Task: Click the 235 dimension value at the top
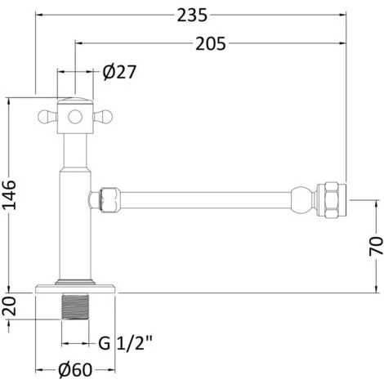point(190,15)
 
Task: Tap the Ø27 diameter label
point(119,72)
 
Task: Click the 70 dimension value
point(374,246)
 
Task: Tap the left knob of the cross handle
point(45,116)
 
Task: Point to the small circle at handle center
point(72,116)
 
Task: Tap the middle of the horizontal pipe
point(204,198)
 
